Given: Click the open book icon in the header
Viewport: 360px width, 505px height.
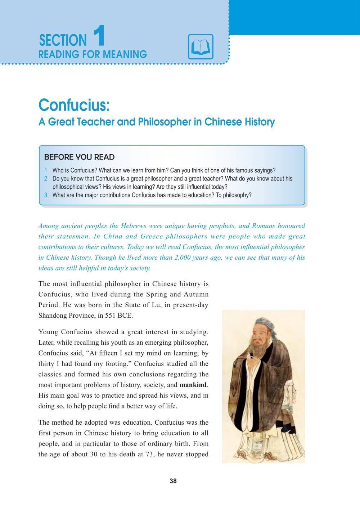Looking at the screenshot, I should (x=201, y=47).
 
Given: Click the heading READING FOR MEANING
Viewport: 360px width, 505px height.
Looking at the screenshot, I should (x=93, y=54).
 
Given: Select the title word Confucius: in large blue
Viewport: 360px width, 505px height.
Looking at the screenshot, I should (x=74, y=105).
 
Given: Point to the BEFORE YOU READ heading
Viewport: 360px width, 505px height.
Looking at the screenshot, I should (x=79, y=157).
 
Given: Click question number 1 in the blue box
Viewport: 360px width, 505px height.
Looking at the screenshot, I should (x=46, y=170).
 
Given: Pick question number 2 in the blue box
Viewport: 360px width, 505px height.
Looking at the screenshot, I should (x=46, y=179).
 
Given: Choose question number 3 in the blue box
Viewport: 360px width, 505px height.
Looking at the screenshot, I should (x=46, y=195).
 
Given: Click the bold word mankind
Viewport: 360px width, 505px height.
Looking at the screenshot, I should (x=193, y=385).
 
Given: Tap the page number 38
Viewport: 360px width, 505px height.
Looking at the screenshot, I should (x=173, y=481).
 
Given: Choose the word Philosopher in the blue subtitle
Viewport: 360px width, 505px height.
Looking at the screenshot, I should (x=164, y=122).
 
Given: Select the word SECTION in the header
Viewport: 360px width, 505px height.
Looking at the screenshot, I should (x=63, y=40).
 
